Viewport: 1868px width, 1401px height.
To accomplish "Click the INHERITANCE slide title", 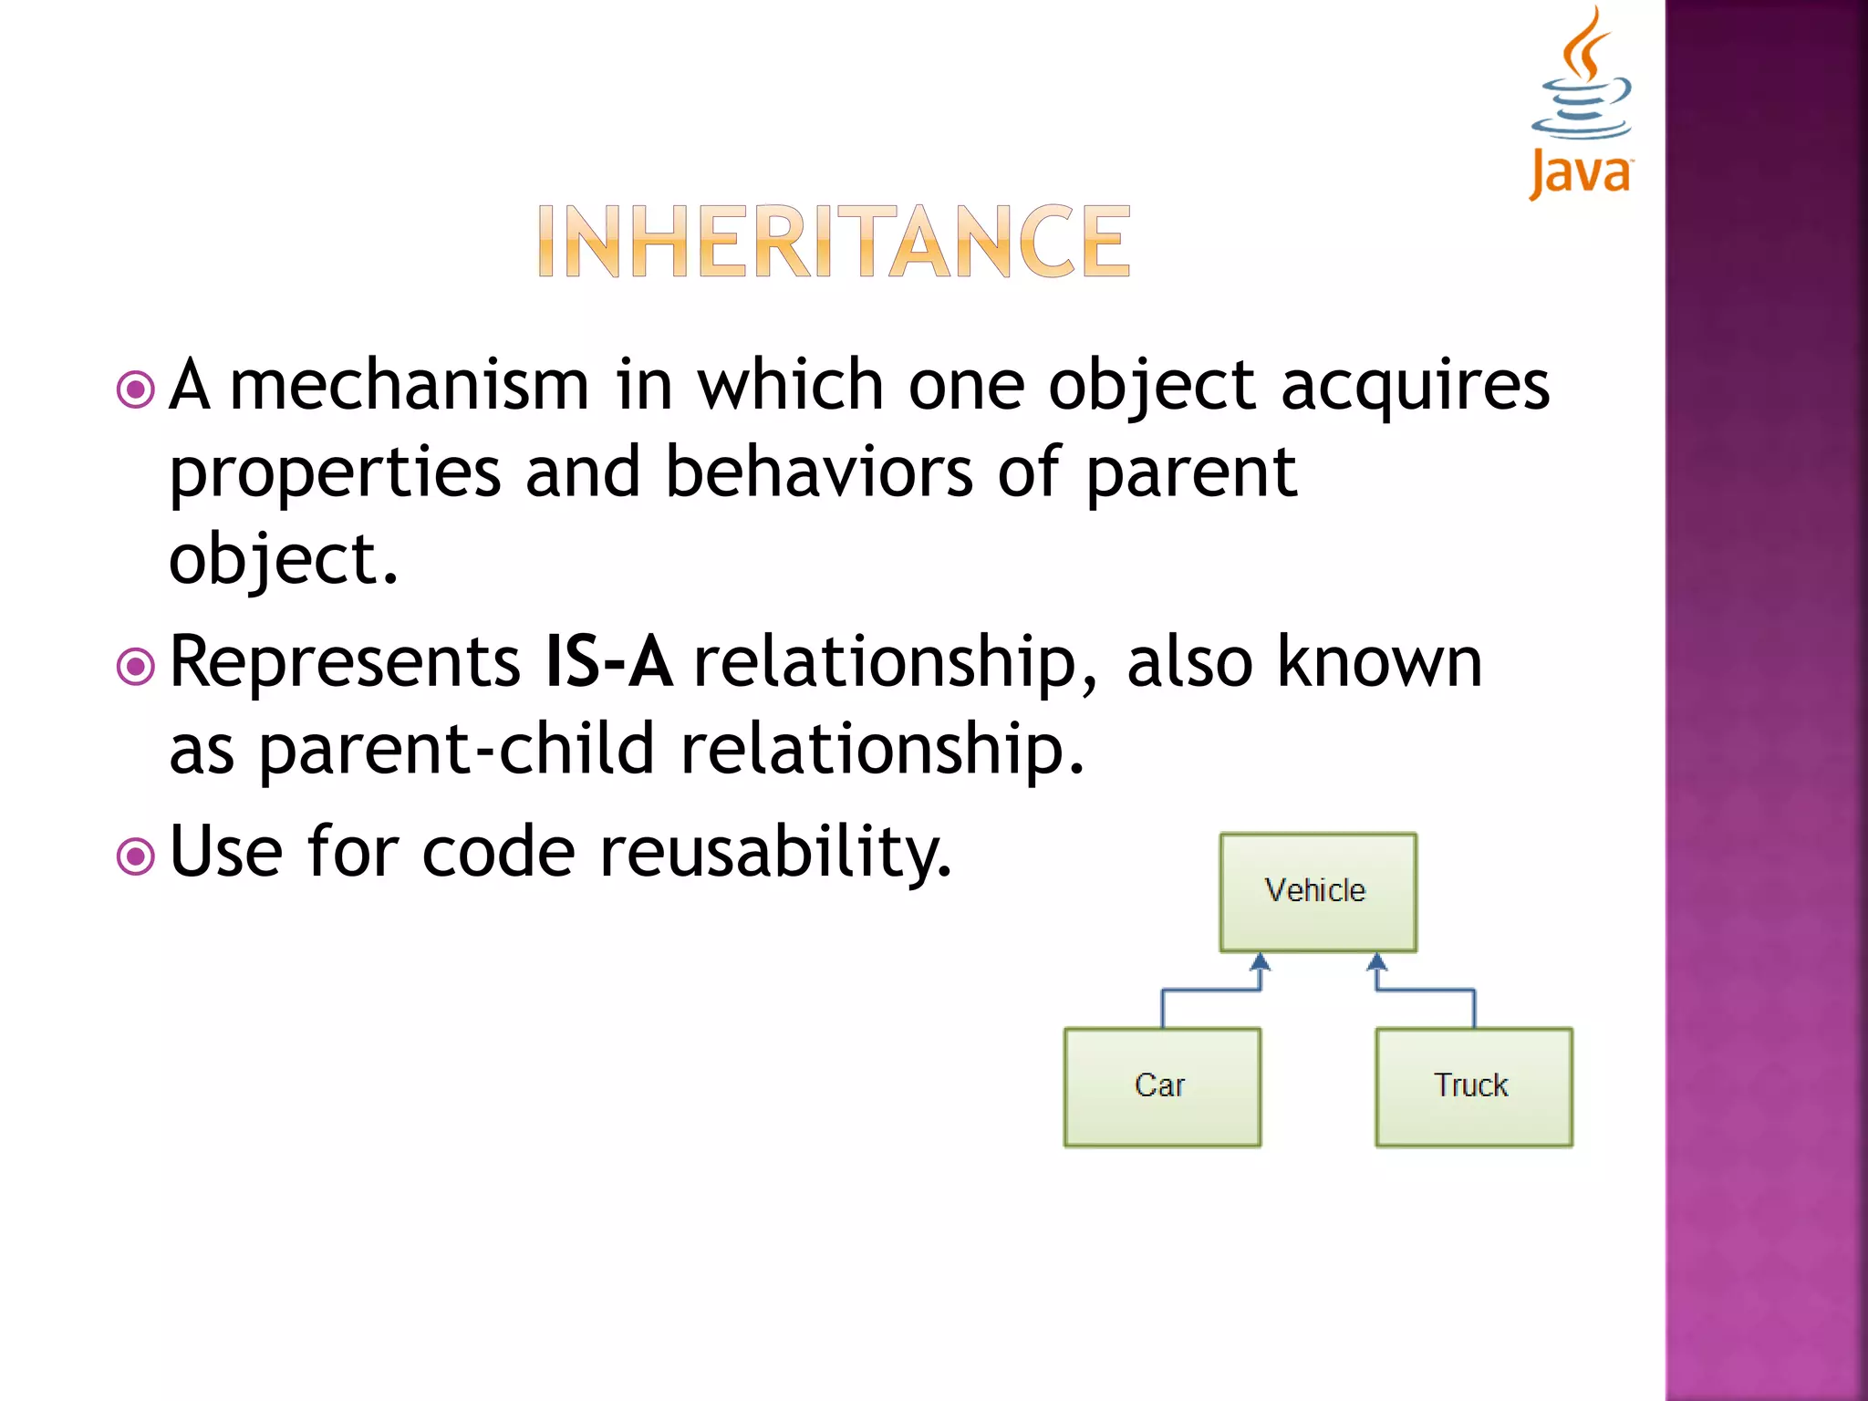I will tap(834, 242).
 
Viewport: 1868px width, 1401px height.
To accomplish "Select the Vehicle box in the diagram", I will tap(1318, 891).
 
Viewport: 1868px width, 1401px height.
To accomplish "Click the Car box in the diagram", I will tap(1162, 1086).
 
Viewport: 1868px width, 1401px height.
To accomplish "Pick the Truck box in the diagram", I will tap(1473, 1086).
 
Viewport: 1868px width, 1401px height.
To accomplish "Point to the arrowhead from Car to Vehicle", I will tap(1261, 961).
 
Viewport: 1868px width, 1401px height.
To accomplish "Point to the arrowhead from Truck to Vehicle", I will tap(1377, 961).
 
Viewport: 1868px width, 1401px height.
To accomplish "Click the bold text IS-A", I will tap(608, 661).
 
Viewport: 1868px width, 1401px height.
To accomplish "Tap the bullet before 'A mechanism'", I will tap(136, 389).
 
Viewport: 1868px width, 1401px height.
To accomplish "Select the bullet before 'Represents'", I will tap(136, 667).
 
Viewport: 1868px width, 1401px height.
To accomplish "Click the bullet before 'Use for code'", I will tap(136, 856).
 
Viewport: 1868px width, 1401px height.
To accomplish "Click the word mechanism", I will tap(410, 386).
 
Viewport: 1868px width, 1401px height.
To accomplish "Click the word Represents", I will tap(345, 663).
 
